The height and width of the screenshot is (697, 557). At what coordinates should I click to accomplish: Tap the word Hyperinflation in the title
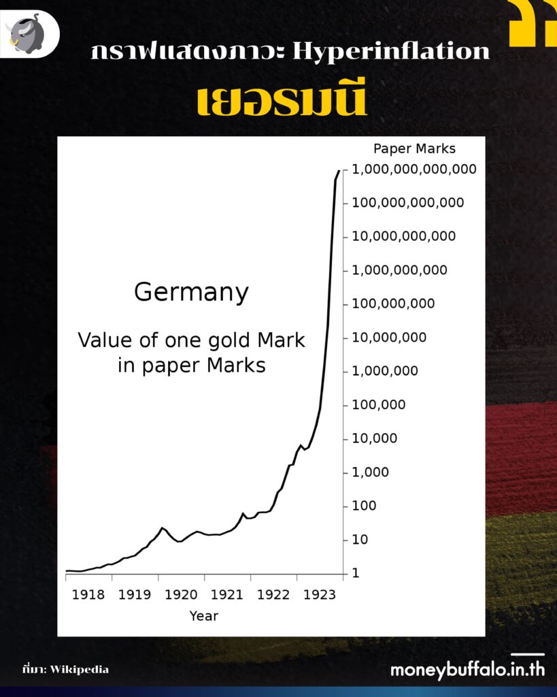[390, 52]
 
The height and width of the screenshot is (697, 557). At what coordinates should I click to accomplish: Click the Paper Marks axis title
[414, 148]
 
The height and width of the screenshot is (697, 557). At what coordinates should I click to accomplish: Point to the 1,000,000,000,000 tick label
[414, 169]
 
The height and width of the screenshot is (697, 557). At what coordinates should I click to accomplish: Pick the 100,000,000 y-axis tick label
[393, 304]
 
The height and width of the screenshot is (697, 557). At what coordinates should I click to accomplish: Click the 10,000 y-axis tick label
[374, 438]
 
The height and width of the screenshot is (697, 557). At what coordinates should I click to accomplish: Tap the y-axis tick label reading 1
[356, 573]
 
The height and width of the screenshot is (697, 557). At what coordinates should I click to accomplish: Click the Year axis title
[203, 616]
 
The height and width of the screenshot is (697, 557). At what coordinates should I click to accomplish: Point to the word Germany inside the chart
[191, 293]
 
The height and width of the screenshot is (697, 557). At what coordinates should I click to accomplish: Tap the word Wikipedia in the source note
[79, 669]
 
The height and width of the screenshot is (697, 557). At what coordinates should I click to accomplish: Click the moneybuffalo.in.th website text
[467, 669]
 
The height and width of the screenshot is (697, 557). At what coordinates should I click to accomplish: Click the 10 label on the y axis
[360, 540]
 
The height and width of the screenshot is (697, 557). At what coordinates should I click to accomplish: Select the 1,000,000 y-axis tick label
[385, 371]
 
